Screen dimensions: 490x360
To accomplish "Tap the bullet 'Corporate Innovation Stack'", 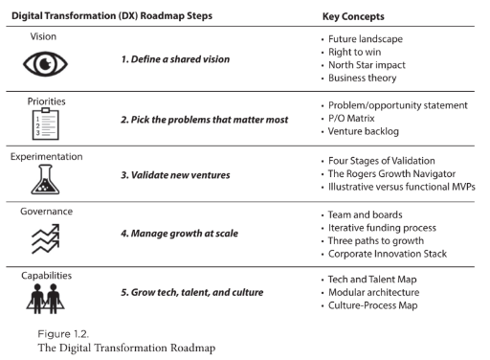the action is [395, 255].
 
